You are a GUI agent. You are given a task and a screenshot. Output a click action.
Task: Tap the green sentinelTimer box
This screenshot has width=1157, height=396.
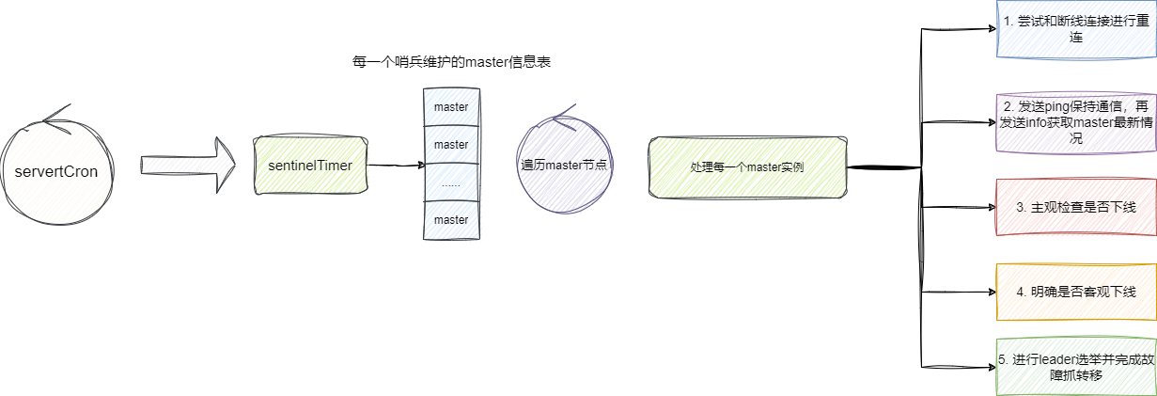(309, 166)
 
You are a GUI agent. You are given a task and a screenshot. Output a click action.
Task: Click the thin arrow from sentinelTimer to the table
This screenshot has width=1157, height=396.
(395, 166)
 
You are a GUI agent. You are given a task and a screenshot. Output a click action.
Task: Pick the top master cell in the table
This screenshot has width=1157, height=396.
(451, 107)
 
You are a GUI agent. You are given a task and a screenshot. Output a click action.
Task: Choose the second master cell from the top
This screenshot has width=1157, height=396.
(451, 145)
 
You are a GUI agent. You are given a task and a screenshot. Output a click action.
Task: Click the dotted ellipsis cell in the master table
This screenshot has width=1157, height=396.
(451, 182)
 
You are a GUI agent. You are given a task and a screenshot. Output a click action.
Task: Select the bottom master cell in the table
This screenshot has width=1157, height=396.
(451, 219)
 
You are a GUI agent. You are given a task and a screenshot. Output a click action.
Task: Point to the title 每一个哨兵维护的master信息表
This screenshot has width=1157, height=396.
(450, 62)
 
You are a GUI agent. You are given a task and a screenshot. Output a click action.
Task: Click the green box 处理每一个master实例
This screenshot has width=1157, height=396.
(746, 166)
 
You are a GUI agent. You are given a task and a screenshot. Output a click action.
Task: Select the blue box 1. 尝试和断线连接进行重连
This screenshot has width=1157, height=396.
(1075, 29)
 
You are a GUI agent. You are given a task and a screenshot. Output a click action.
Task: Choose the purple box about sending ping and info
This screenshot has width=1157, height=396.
(1075, 122)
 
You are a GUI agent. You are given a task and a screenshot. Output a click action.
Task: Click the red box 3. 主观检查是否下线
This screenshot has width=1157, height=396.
(1075, 207)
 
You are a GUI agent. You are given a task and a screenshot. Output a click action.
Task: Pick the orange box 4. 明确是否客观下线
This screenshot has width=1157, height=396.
(1075, 292)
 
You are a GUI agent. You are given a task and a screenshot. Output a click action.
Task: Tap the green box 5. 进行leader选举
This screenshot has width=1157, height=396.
(1075, 367)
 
